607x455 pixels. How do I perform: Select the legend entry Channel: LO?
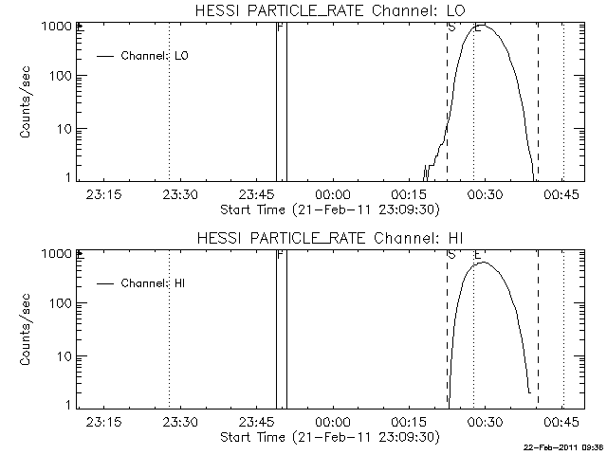pyautogui.click(x=156, y=56)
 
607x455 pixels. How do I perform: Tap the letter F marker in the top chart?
pyautogui.click(x=280, y=27)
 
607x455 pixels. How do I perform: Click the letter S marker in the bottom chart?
pyautogui.click(x=451, y=254)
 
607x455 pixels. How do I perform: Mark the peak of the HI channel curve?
pyautogui.click(x=484, y=263)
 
